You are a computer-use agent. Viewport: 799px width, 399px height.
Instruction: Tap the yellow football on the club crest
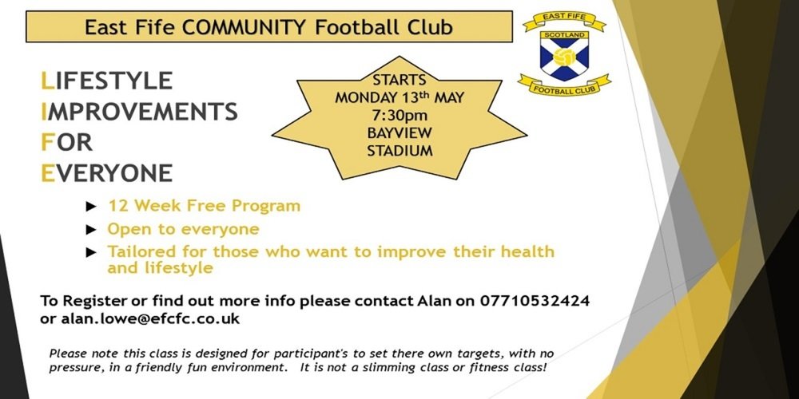point(564,57)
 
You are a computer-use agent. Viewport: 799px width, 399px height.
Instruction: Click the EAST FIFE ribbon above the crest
point(564,20)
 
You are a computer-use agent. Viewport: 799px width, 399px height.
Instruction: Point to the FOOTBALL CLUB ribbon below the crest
point(564,86)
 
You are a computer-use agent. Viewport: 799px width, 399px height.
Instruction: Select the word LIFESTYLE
point(106,81)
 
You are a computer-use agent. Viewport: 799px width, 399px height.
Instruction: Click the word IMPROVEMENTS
point(139,112)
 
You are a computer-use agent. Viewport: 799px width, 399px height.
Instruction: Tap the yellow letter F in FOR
point(47,143)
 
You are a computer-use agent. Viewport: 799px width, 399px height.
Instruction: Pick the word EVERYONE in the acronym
point(106,173)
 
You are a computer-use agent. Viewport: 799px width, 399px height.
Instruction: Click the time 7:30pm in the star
point(399,116)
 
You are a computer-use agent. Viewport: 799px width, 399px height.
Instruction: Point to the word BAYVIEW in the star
point(399,133)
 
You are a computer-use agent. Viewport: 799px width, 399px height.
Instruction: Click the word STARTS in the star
point(399,80)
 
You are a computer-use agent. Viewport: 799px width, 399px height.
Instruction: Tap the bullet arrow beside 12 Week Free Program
point(91,207)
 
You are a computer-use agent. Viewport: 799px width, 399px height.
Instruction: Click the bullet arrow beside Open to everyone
point(91,230)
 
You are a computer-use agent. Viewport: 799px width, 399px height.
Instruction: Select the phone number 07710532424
point(535,301)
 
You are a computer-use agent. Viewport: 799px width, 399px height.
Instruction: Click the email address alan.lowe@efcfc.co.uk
point(150,320)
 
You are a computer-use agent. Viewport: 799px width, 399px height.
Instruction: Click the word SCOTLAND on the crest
point(564,35)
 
